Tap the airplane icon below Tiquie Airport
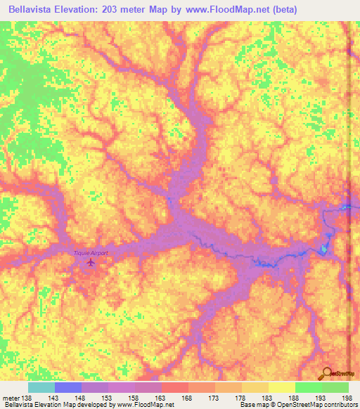coord(90,263)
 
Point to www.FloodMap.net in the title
coord(219,10)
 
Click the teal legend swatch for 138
coord(41,387)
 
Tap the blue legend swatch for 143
coord(68,387)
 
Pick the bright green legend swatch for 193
coord(308,387)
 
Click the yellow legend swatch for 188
coord(281,387)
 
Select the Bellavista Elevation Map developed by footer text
coord(49,405)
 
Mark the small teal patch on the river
coord(323,249)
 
